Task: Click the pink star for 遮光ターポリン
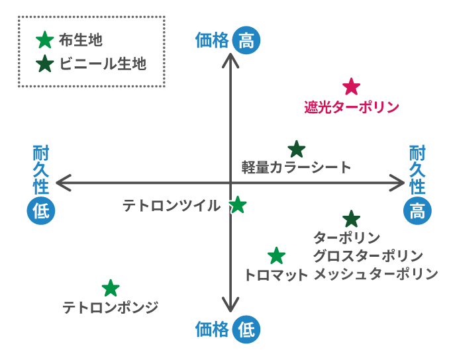click(351, 87)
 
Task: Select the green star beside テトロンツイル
click(238, 205)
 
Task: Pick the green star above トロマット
click(276, 255)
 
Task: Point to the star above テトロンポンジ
click(111, 288)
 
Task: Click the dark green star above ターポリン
click(351, 218)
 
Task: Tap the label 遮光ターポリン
click(352, 107)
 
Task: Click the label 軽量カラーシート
click(296, 167)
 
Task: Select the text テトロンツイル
click(172, 206)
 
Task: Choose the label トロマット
click(276, 274)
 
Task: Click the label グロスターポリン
click(368, 255)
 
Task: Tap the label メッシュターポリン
click(376, 273)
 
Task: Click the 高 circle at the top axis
click(246, 41)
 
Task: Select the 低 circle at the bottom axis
click(246, 329)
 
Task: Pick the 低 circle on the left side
click(41, 212)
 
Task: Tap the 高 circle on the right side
click(417, 212)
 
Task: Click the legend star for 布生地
click(44, 41)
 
